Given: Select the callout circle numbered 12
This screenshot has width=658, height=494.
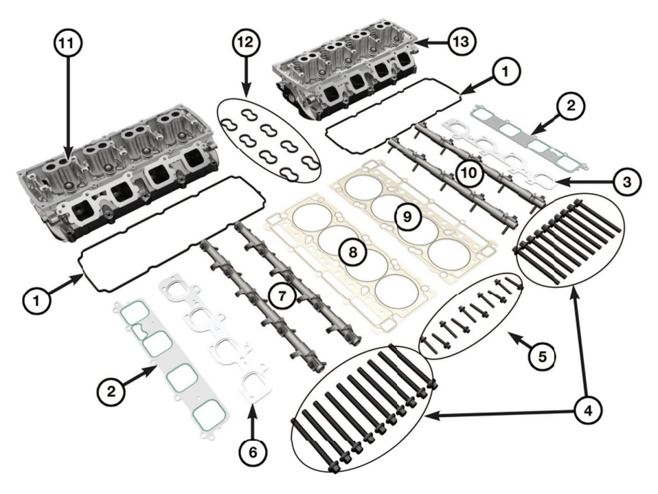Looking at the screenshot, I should coord(245,42).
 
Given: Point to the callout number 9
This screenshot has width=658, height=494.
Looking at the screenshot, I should coord(407,217).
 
